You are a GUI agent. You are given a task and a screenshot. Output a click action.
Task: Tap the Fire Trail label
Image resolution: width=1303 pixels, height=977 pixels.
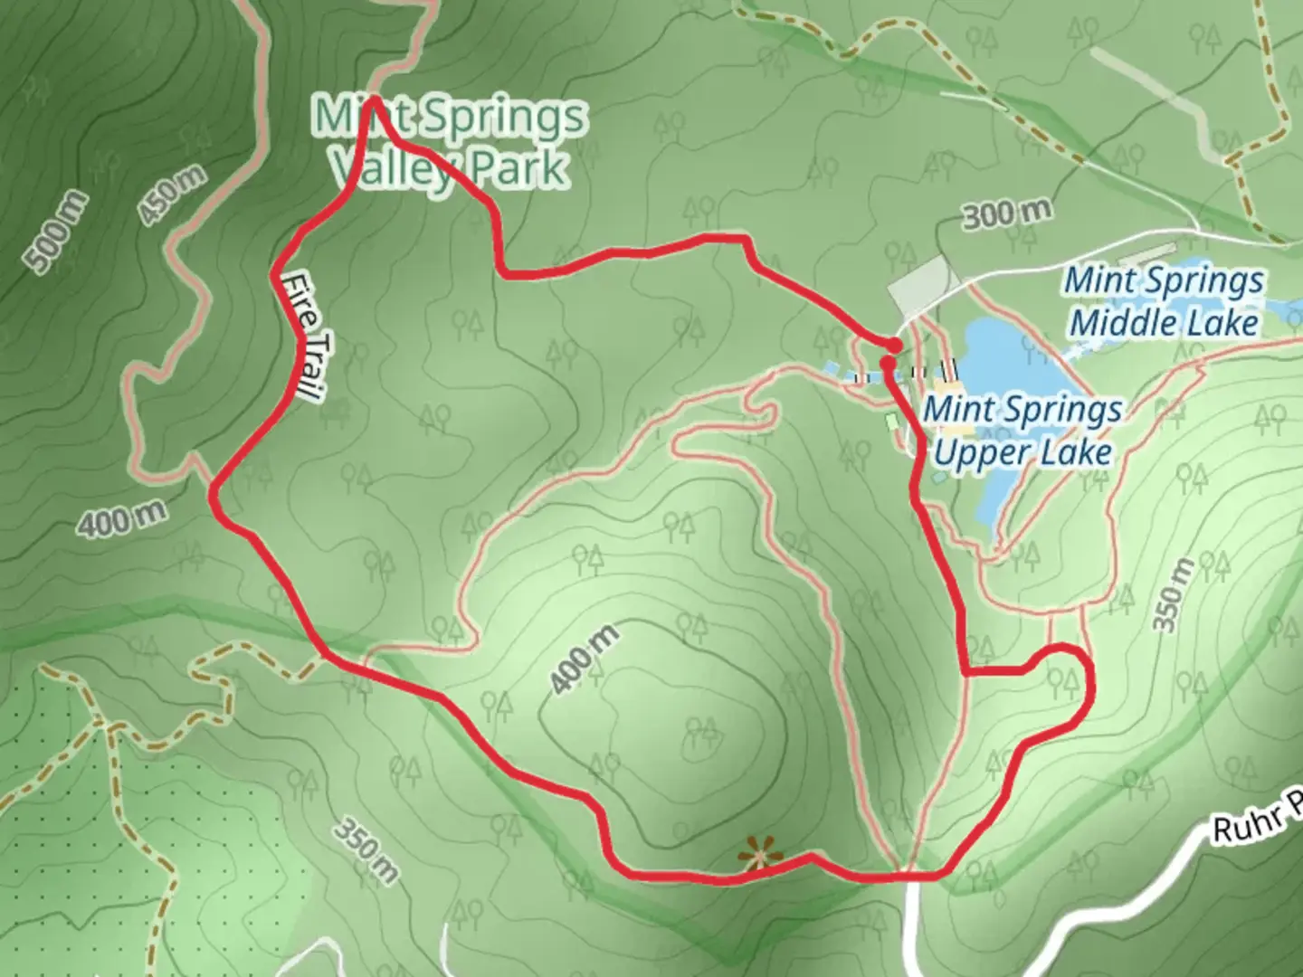pos(301,337)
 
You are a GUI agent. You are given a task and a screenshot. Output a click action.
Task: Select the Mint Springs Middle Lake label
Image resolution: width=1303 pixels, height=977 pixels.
pos(1164,301)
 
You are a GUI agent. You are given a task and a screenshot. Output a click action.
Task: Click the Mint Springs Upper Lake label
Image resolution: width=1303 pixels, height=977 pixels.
pos(1022,431)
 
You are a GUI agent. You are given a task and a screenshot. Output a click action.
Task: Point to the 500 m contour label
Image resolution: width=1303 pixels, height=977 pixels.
pos(56,232)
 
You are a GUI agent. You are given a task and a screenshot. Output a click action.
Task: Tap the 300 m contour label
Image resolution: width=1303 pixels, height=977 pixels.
pos(1006,214)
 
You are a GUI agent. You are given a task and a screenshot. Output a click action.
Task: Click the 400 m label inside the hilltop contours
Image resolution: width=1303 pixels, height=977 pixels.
pos(585,659)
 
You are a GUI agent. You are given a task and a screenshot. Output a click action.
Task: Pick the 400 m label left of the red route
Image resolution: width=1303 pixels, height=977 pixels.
pos(121,520)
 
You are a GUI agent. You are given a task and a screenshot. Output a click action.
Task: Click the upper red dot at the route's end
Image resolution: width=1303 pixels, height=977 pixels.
pos(894,346)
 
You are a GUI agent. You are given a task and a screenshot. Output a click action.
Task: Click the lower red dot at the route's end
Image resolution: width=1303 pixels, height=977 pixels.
pos(888,363)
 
